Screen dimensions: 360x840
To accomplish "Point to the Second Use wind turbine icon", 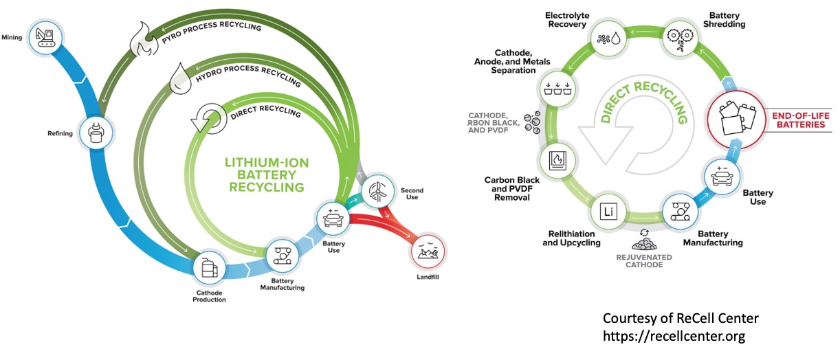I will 377,190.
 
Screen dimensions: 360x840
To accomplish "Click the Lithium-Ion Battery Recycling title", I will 268,175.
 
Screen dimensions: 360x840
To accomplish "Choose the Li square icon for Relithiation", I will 606,211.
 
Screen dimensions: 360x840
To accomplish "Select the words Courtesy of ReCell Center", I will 681,319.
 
